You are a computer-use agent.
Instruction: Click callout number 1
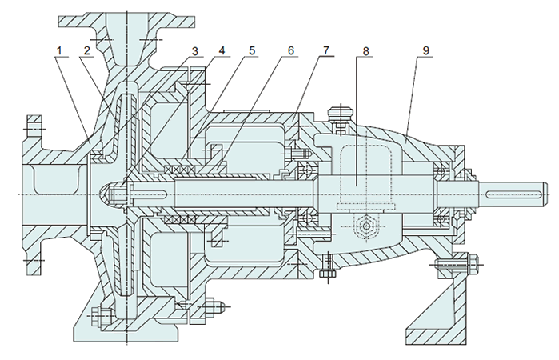[59, 50]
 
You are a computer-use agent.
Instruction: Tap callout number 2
[87, 50]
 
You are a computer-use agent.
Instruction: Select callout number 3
[194, 51]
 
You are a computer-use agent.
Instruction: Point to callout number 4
[222, 50]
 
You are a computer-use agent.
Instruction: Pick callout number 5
[252, 50]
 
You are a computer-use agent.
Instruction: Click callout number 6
[291, 50]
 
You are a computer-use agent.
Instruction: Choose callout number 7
[326, 50]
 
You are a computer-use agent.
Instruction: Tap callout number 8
[365, 51]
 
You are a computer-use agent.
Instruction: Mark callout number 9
[426, 50]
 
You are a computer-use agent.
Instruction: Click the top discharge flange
[126, 22]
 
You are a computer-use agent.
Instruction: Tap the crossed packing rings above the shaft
[180, 169]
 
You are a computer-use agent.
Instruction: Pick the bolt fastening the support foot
[457, 265]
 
